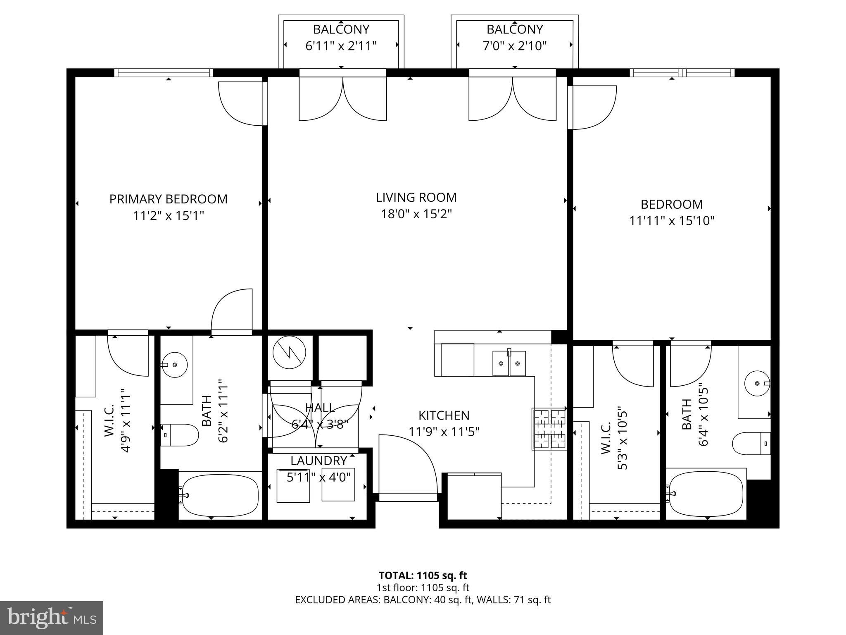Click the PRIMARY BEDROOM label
coord(168,199)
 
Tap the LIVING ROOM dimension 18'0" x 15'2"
coord(416,214)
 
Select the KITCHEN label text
coord(444,415)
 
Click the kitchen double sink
coord(509,363)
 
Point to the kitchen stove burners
coord(549,429)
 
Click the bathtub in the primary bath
coord(220,495)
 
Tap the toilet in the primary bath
coord(180,435)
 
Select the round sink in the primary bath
coord(174,365)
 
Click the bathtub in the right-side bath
coord(706,495)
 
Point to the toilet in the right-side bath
coord(751,444)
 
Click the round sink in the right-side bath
coord(757,384)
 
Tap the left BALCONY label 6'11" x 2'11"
coord(341,37)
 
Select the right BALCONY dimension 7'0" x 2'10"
coord(514,45)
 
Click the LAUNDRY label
coord(318,461)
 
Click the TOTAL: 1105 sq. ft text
coord(423,575)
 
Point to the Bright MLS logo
coord(52,618)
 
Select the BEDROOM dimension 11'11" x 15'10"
coord(671,221)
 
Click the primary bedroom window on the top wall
coord(164,73)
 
